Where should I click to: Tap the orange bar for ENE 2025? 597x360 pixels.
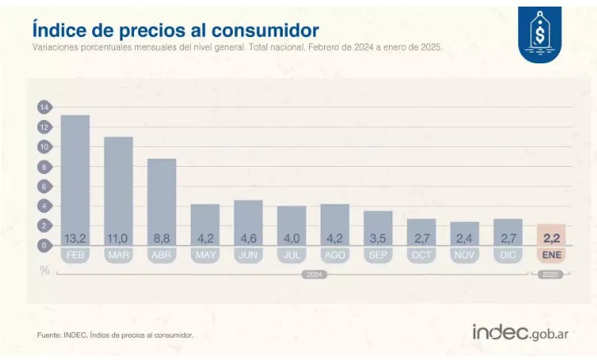551,234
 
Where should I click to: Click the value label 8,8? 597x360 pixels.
161,238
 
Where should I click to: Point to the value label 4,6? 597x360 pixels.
248,238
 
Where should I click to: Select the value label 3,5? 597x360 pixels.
377,238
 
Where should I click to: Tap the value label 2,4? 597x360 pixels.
465,238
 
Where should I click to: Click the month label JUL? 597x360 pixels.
291,255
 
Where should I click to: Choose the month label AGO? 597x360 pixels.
335,255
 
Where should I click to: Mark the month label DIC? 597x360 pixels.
507,255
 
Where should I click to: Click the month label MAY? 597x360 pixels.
205,255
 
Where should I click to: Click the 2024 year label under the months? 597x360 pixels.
313,275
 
